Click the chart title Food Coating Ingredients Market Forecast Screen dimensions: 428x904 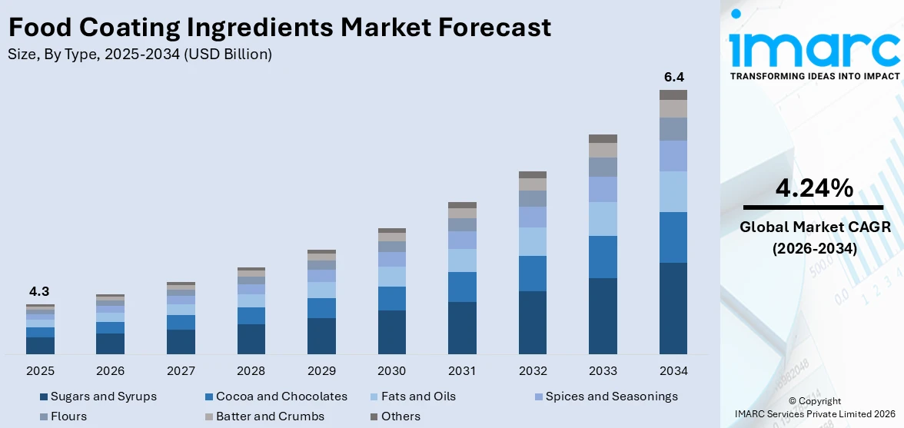tap(279, 28)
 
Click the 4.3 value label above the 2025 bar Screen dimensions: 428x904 tap(39, 291)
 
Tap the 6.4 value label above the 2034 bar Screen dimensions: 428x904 tap(673, 77)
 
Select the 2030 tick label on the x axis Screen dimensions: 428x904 tap(391, 371)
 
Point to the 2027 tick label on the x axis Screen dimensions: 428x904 tap(181, 371)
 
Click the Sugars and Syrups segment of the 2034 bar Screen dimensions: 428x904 tap(673, 308)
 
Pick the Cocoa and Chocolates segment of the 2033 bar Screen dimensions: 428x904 tap(603, 257)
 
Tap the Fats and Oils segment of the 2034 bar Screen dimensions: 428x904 tap(673, 191)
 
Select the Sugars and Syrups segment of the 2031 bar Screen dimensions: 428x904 tap(462, 327)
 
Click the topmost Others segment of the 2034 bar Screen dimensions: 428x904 tap(673, 95)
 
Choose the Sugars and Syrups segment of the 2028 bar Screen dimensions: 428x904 tap(251, 339)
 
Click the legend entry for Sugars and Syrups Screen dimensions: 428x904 tap(103, 396)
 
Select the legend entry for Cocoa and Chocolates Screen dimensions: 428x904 tap(281, 396)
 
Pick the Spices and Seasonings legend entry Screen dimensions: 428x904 tap(611, 396)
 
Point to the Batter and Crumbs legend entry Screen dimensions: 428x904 tap(270, 416)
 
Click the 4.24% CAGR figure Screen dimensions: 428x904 tap(813, 187)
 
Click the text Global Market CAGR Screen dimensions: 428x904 tap(813, 227)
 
